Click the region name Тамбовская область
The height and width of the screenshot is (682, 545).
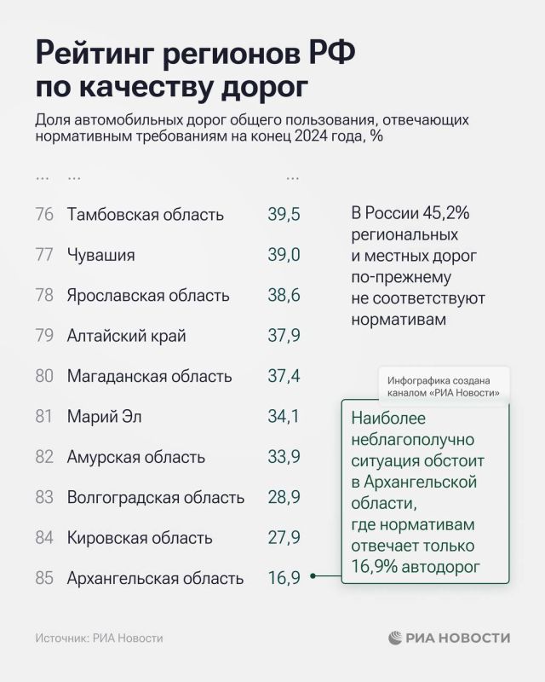[x=145, y=214]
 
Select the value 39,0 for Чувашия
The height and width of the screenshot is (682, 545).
[x=284, y=255]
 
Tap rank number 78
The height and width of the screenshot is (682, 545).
[x=44, y=295]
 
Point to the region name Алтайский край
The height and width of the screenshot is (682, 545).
[x=126, y=336]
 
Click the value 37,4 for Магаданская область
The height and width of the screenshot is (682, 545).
[x=284, y=376]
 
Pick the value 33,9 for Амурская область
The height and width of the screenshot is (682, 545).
[x=284, y=457]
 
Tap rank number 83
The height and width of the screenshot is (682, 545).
[x=44, y=498]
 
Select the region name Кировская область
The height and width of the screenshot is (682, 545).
[x=140, y=538]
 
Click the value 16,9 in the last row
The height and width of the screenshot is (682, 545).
[x=284, y=578]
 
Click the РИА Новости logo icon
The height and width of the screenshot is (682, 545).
[x=396, y=638]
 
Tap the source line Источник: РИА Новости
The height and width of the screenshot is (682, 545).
[x=99, y=638]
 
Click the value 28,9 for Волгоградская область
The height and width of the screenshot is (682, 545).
[x=284, y=497]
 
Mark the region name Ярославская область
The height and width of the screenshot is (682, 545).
[x=148, y=295]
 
